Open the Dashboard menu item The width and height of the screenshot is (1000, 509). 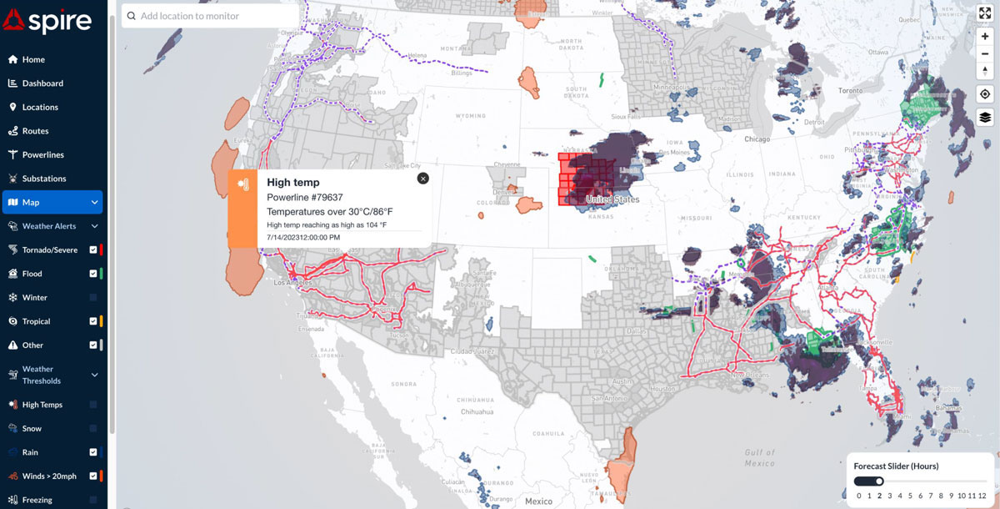[42, 83]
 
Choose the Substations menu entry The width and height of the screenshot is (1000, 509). [43, 179]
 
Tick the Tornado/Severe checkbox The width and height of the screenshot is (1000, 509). [93, 249]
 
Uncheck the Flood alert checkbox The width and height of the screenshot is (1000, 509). [93, 274]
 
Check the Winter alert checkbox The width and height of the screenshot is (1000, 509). [93, 298]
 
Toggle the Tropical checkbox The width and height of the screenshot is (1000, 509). [93, 321]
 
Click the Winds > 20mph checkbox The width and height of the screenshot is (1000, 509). [93, 476]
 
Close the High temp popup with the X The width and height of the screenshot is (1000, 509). [422, 178]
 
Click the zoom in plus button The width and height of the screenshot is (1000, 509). [985, 37]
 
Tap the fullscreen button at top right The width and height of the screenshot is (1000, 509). [985, 13]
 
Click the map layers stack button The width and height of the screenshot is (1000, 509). [985, 117]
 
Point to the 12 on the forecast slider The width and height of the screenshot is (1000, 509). [982, 496]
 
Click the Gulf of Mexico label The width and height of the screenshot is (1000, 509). [759, 457]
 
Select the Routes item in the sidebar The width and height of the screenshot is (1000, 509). [35, 131]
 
